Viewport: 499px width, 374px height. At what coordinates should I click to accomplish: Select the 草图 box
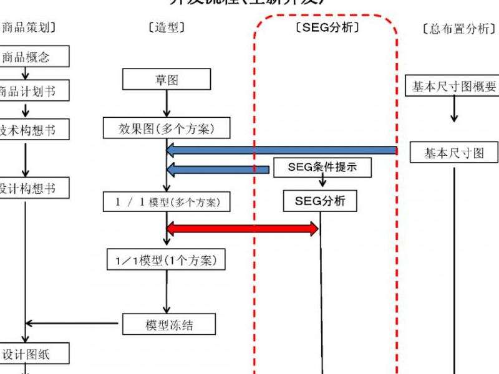(x=167, y=80)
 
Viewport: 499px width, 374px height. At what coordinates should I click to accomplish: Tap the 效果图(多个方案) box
(x=166, y=128)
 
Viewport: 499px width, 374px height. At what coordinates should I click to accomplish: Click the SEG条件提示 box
(x=322, y=167)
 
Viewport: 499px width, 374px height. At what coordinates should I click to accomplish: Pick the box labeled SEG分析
(x=321, y=201)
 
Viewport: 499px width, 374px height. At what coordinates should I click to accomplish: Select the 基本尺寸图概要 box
(x=454, y=87)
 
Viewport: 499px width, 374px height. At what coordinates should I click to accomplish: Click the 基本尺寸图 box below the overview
(x=454, y=153)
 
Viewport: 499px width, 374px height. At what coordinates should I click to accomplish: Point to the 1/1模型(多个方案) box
(x=167, y=202)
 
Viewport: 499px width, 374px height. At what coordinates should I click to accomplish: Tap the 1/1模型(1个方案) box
(x=166, y=260)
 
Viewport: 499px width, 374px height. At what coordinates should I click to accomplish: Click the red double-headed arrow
(x=243, y=229)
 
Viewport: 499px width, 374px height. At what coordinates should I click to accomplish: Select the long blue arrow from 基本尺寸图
(x=281, y=150)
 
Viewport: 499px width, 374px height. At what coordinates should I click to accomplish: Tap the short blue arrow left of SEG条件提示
(x=218, y=169)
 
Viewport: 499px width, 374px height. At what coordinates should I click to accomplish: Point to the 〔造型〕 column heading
(x=166, y=28)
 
